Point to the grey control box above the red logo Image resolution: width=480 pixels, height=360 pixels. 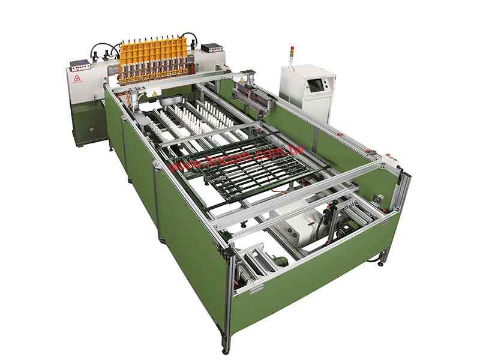point(80,63)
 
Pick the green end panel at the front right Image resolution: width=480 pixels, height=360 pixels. point(312,276)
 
